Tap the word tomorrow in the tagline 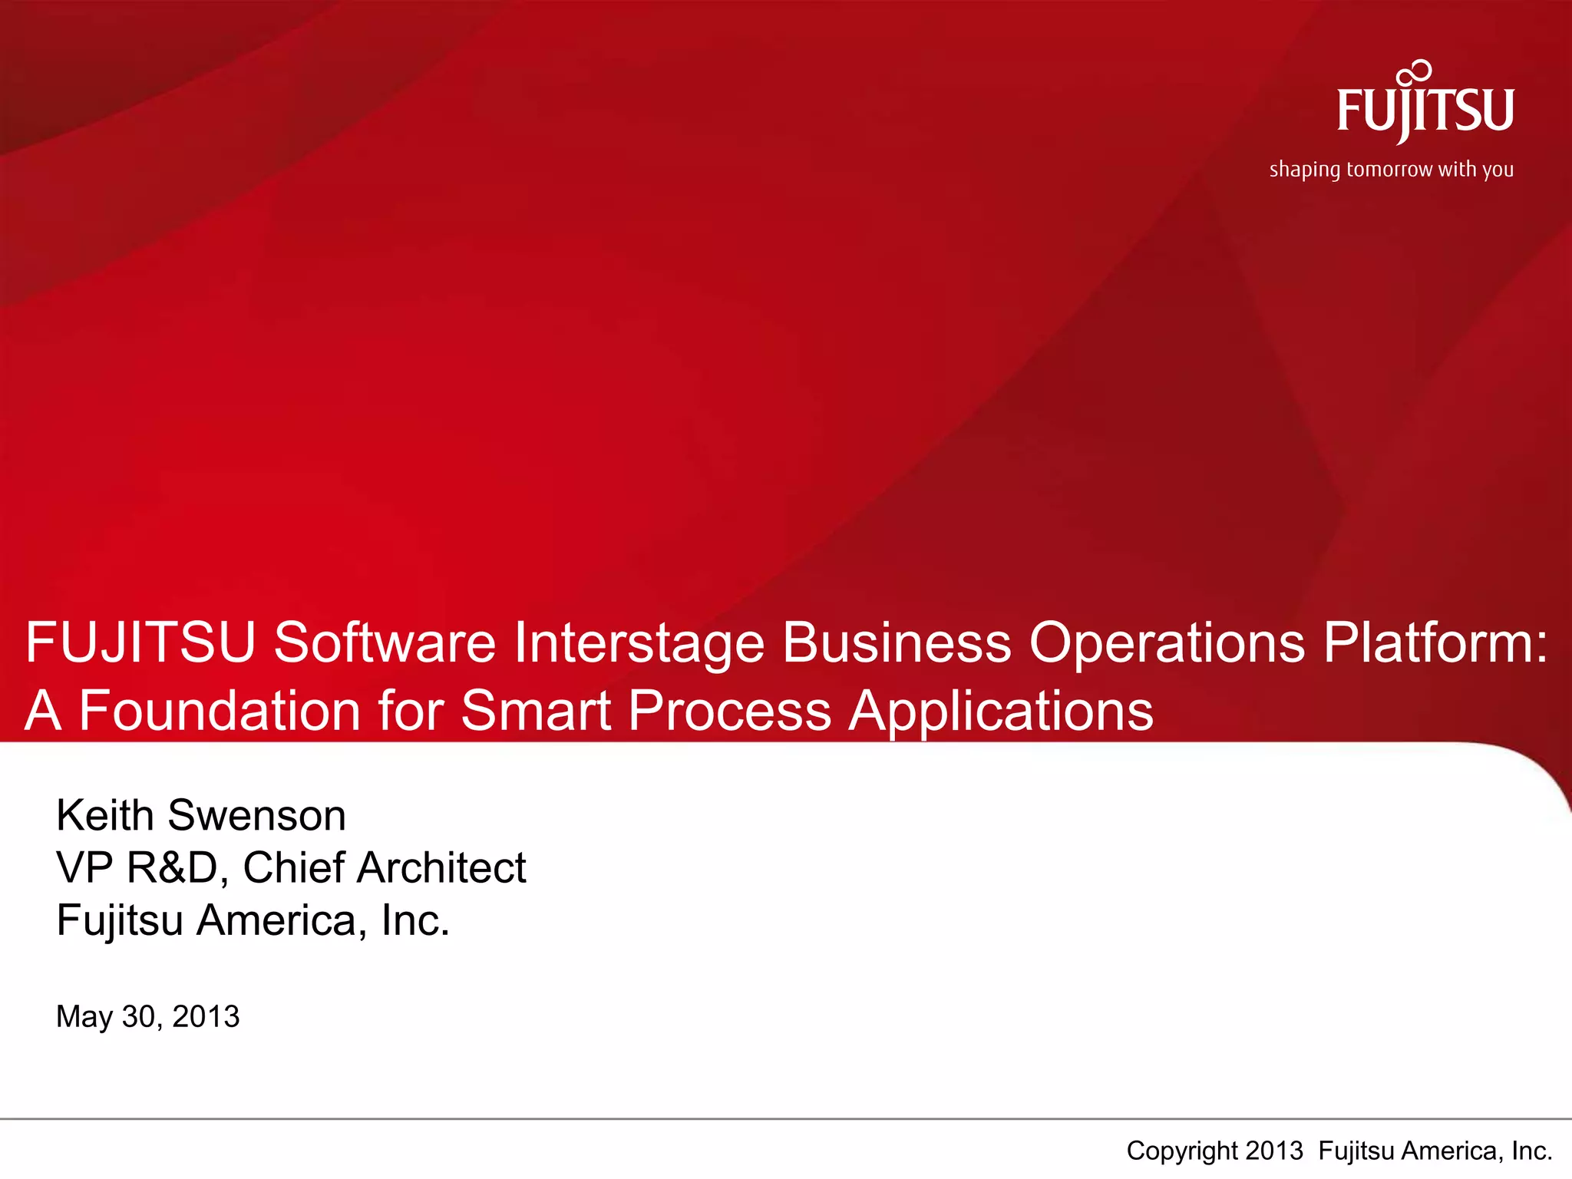click(x=1389, y=170)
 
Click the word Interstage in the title click(x=639, y=643)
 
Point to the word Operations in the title click(x=1167, y=643)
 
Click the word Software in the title click(x=385, y=643)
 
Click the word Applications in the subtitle click(x=1001, y=712)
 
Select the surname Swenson click(x=256, y=815)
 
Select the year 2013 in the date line click(x=206, y=1017)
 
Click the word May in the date click(x=84, y=1018)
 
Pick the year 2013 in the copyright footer click(x=1274, y=1151)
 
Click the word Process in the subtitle click(x=729, y=711)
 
